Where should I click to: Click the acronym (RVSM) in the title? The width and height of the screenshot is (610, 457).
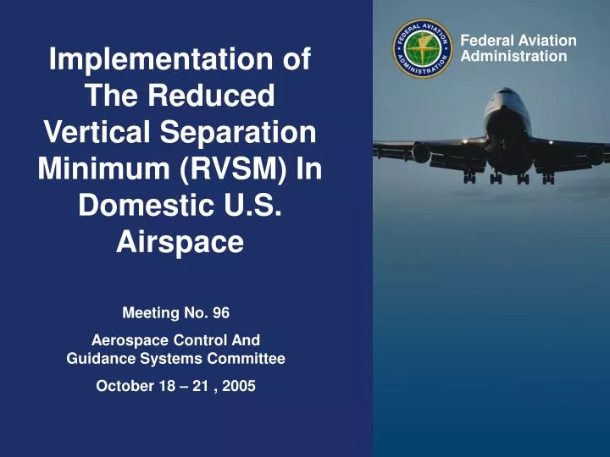point(239,169)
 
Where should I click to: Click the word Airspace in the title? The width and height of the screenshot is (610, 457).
point(180,243)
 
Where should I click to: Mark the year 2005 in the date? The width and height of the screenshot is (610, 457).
point(238,386)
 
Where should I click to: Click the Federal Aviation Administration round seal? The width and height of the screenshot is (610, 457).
point(423,50)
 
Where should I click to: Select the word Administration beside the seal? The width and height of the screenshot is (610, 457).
point(513,57)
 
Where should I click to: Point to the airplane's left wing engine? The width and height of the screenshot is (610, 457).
point(421,153)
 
